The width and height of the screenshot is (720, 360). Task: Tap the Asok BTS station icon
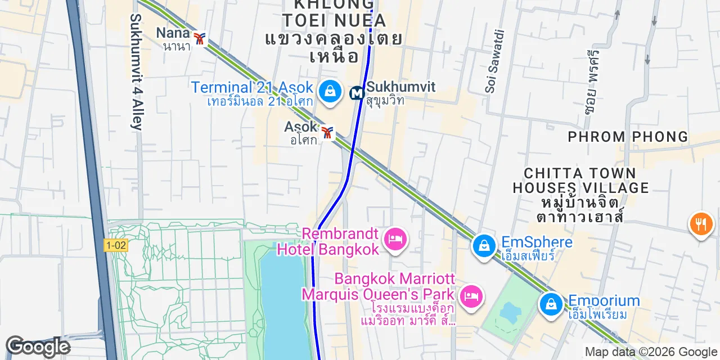(x=327, y=133)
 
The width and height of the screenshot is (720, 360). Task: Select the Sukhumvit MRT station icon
(x=357, y=93)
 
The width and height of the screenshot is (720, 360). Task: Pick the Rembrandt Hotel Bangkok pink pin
(x=395, y=239)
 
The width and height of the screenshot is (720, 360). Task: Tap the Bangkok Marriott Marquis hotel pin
(x=471, y=296)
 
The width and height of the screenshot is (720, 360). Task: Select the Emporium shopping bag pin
(x=551, y=305)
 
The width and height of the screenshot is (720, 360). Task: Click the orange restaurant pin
(x=701, y=223)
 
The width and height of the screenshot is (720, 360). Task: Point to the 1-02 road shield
(x=115, y=245)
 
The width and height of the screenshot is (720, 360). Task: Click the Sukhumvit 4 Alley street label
(x=136, y=72)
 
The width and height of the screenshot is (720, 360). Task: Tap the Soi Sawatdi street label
(x=493, y=61)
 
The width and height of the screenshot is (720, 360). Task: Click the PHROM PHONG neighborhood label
(x=628, y=137)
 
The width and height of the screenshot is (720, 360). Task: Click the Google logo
(x=38, y=346)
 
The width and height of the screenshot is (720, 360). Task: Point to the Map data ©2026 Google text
(x=650, y=352)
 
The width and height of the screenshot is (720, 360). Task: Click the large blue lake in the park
(x=284, y=304)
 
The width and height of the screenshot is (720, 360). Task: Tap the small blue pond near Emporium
(x=511, y=311)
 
